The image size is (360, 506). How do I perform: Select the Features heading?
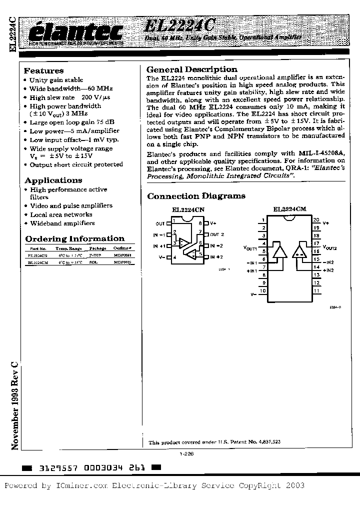point(44,70)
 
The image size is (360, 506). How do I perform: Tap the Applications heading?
point(53,180)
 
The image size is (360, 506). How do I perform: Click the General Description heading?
point(191,69)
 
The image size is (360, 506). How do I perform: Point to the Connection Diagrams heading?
point(196,196)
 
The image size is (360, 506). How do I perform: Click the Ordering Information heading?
point(74,238)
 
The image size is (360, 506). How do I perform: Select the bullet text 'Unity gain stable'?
point(56,80)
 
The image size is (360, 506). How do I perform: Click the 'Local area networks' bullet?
point(61,214)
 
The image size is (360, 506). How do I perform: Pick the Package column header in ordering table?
point(97,248)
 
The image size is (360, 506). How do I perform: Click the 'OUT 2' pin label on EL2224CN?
point(217,234)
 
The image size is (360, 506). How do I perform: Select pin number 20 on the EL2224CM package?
point(316,220)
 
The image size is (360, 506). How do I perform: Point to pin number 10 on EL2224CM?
point(262,290)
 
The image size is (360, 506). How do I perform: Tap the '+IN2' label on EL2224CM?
point(328,270)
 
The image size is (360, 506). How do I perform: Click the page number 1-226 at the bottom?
point(186,454)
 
